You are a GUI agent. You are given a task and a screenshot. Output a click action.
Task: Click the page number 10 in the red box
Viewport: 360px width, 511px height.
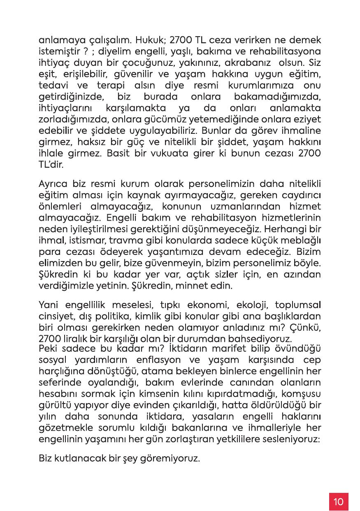click(x=339, y=502)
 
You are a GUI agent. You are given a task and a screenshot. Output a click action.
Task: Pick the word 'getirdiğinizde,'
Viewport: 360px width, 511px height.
click(x=69, y=98)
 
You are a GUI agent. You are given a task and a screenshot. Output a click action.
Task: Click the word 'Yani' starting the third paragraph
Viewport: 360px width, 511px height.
click(x=48, y=306)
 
